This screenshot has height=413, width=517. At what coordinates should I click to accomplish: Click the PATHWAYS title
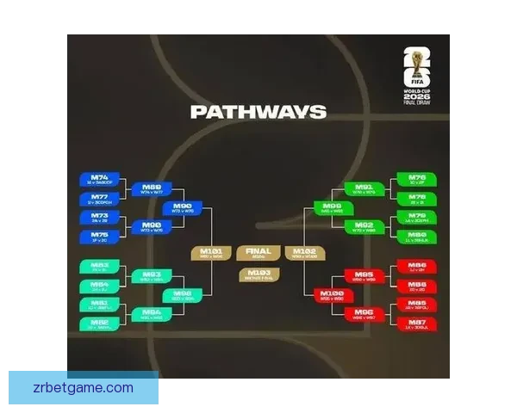pos(258,112)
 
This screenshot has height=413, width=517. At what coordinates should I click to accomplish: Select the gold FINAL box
pos(258,253)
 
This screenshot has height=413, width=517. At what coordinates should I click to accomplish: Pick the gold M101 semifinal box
pos(211,253)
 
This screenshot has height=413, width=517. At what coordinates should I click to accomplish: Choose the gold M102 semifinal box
pos(306,253)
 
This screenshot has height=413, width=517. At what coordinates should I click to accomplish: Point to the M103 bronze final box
pos(258,274)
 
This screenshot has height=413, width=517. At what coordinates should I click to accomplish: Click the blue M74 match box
pos(99,180)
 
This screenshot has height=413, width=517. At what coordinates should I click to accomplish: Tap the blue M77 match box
pos(99,199)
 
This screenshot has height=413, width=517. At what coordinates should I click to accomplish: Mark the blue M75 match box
pos(99,236)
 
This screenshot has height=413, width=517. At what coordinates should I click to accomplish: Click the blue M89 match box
pos(152,189)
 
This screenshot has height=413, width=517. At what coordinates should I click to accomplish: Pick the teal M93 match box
pos(152,275)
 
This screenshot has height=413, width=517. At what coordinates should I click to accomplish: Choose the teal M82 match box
pos(99,324)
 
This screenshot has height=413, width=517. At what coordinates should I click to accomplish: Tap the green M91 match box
pos(364,188)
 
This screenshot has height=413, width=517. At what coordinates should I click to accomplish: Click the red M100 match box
pos(332,295)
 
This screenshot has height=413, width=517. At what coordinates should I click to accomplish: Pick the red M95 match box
pos(364,275)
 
